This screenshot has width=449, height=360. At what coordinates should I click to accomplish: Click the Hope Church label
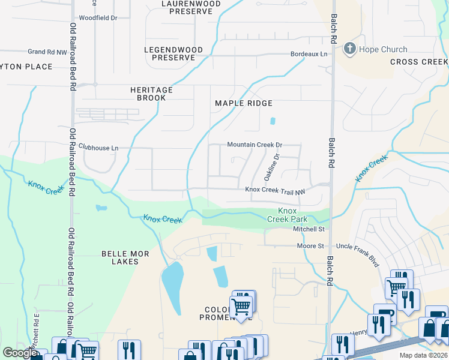tap(383, 50)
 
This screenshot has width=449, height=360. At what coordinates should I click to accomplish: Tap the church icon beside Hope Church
tap(349, 49)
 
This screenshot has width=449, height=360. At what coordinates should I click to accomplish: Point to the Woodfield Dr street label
tap(98, 18)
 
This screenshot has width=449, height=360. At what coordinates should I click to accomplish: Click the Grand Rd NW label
tap(47, 52)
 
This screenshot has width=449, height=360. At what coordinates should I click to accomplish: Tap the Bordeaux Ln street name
tap(310, 54)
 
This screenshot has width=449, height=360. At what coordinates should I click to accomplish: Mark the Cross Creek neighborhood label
tap(418, 62)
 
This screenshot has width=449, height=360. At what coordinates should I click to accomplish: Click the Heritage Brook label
tap(151, 94)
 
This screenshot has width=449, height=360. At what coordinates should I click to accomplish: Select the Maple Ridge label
tap(244, 103)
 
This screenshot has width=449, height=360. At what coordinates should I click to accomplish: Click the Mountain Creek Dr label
tap(255, 145)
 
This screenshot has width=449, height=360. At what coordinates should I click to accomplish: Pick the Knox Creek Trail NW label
tap(276, 190)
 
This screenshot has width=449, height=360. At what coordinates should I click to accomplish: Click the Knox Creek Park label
tap(288, 215)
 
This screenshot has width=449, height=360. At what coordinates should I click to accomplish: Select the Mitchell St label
tap(309, 229)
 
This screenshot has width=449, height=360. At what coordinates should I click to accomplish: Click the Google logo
tap(20, 353)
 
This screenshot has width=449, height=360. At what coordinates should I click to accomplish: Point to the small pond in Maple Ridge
tap(273, 121)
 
